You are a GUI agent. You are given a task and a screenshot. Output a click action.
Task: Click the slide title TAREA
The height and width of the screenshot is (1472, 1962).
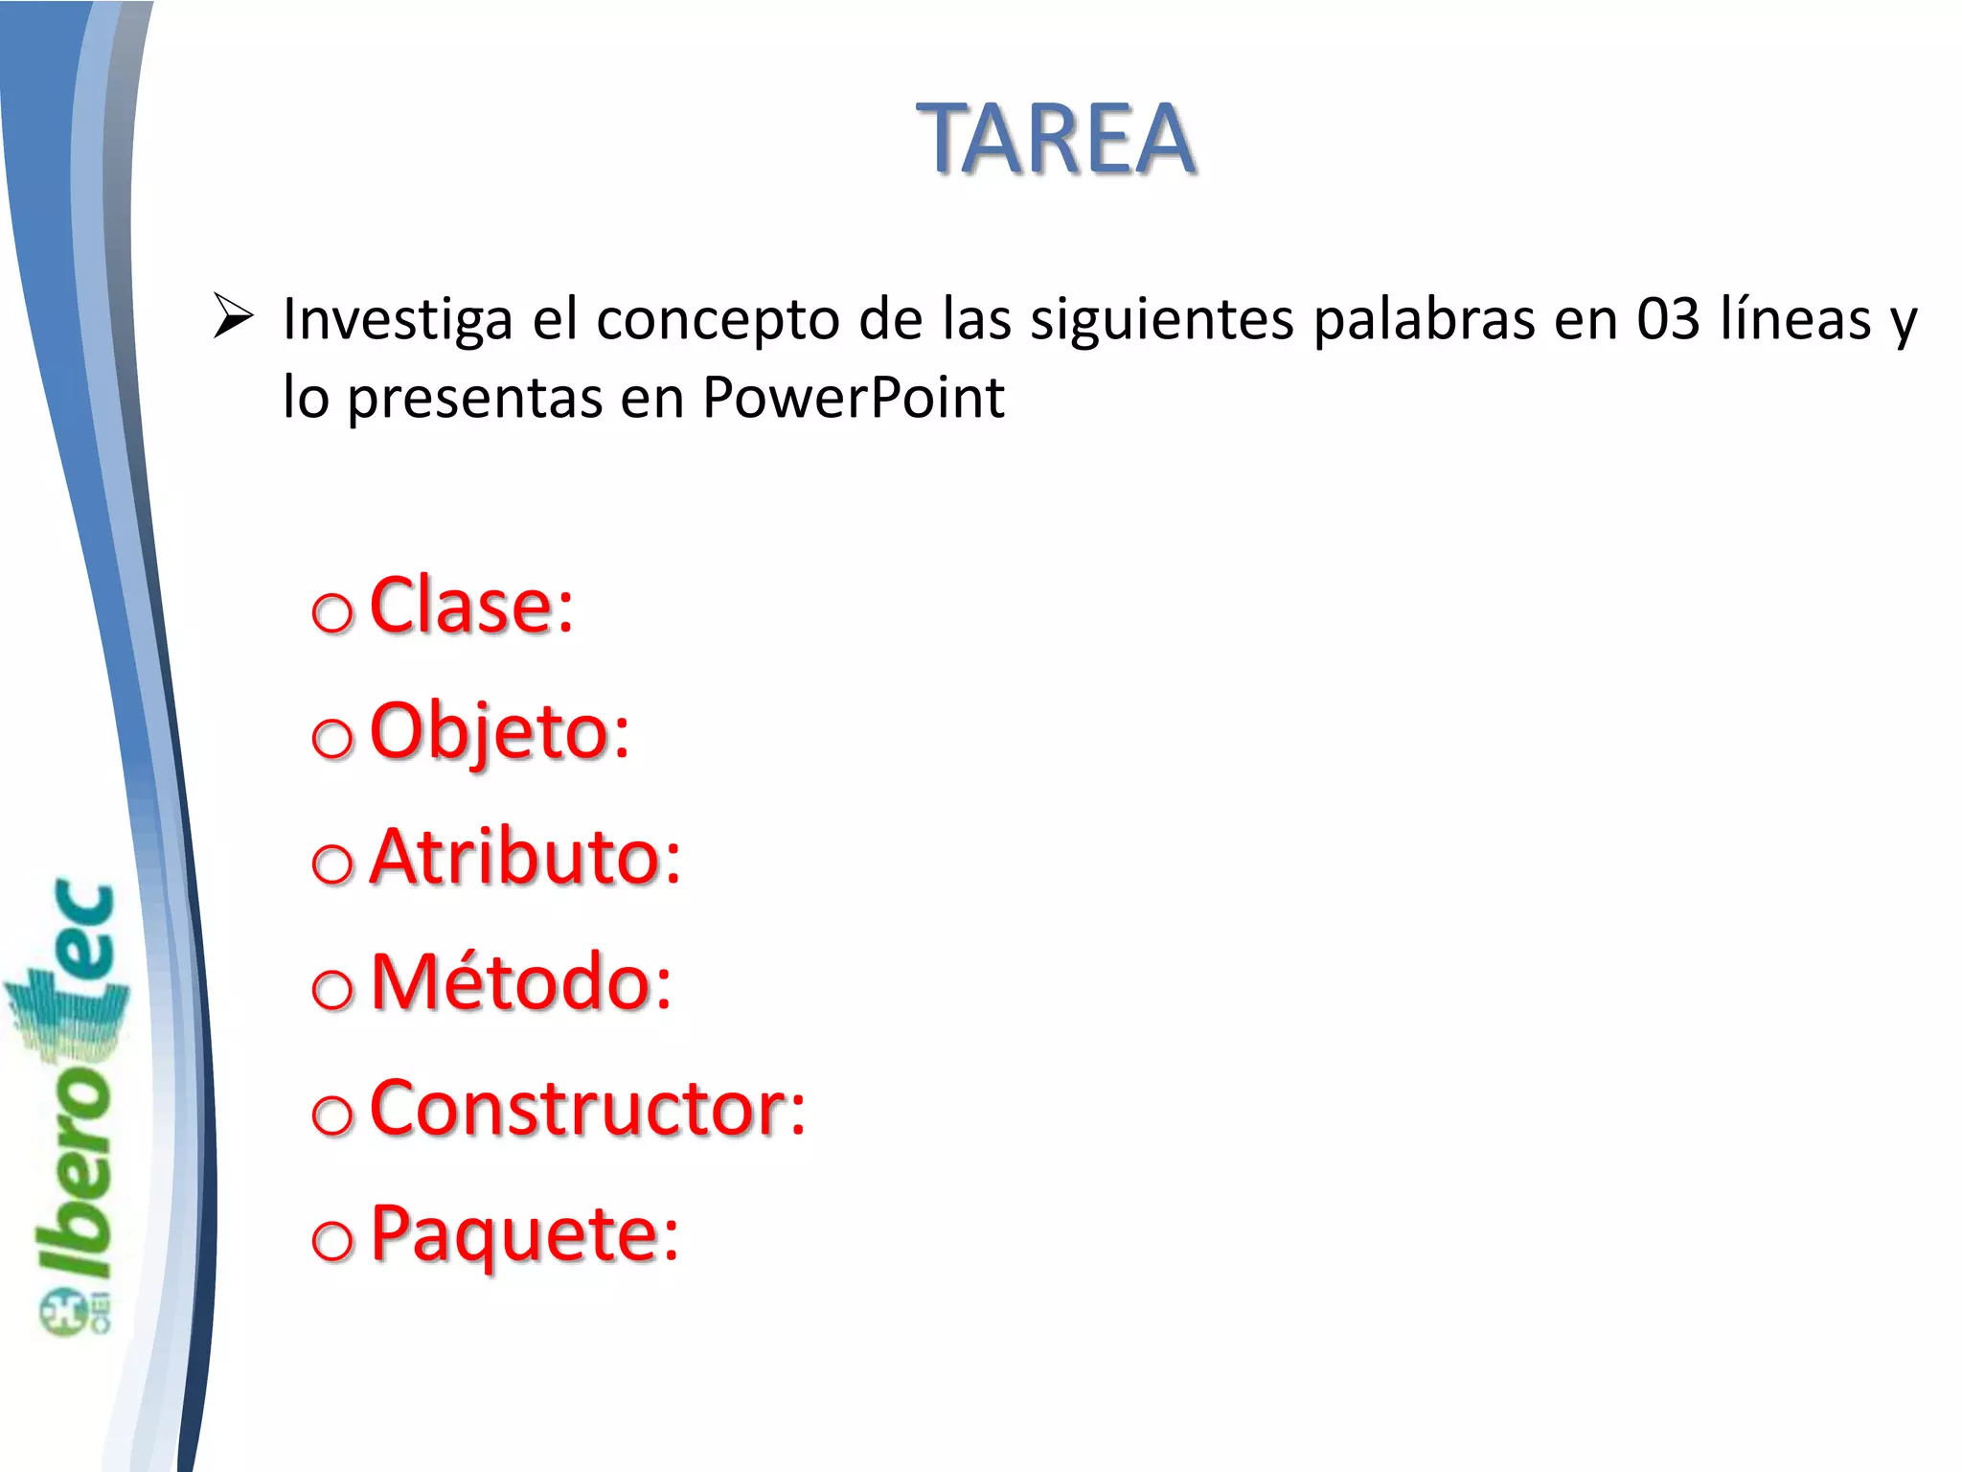tap(1056, 140)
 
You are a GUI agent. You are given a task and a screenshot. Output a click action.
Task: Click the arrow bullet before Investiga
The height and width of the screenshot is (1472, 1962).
tap(233, 316)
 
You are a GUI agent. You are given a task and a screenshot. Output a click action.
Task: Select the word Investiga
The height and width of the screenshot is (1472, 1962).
tap(398, 320)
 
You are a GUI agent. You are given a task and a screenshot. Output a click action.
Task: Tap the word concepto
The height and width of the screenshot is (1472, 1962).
tap(718, 320)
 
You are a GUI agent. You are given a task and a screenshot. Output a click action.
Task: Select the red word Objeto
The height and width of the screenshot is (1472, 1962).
tap(499, 732)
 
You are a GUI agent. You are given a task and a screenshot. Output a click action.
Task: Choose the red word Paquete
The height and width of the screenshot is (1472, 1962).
tap(524, 1234)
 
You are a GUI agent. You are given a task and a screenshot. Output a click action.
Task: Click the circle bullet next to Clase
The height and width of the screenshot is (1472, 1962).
tap(332, 613)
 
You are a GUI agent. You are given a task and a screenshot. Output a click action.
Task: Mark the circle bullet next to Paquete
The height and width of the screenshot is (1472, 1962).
tap(332, 1241)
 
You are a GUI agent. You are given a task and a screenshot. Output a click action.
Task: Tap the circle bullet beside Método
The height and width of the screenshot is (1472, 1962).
tap(332, 989)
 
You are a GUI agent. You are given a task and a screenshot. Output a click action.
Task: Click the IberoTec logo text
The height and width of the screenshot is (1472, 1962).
tap(77, 1102)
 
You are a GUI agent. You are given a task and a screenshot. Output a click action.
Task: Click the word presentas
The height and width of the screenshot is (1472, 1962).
tap(474, 399)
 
